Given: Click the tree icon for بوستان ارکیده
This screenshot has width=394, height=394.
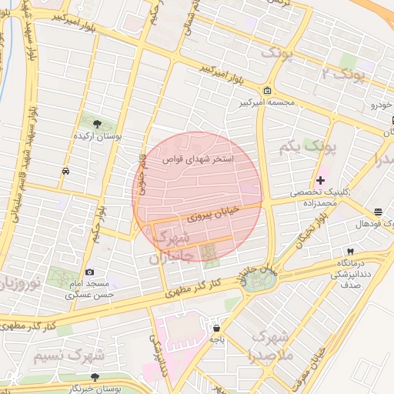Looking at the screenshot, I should tap(98, 123).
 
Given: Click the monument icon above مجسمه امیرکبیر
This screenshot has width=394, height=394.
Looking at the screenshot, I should tap(266, 90).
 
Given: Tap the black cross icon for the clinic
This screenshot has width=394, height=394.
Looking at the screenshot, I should tap(321, 180).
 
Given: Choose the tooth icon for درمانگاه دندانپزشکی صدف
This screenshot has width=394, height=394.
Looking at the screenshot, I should tap(350, 252).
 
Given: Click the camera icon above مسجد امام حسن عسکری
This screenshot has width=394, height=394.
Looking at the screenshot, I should tap(90, 272).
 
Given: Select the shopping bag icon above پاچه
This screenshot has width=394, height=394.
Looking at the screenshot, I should tap(216, 327).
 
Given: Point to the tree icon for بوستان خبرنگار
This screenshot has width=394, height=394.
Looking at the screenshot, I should tap(94, 377).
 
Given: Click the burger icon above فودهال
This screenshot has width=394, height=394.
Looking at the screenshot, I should tap(377, 212).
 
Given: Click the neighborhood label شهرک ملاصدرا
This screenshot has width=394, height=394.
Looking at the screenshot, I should tap(269, 347).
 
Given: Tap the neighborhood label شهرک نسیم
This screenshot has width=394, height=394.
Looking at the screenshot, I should tap(76, 356).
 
